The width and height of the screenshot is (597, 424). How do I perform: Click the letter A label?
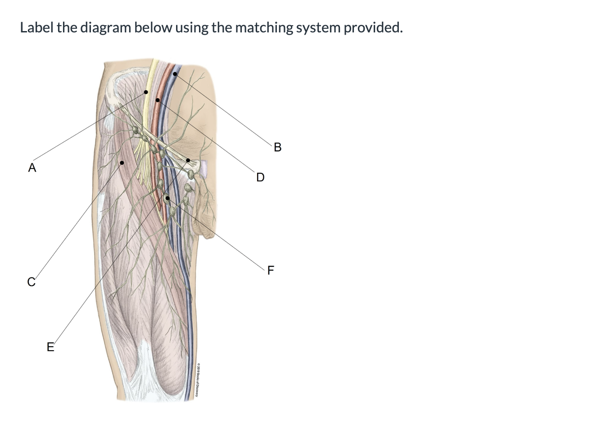[32, 168]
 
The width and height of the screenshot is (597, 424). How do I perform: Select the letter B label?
[277, 147]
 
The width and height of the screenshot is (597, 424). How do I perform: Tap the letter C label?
[31, 282]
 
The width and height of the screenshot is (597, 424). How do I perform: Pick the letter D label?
[260, 177]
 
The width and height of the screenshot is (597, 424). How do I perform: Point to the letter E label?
[50, 347]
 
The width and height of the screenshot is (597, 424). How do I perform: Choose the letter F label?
[270, 271]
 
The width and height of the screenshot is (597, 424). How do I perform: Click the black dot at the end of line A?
[146, 92]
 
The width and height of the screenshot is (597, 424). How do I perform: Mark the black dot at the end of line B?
[175, 74]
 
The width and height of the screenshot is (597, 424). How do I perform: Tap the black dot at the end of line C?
[122, 163]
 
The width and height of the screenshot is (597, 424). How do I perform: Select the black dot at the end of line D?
[157, 100]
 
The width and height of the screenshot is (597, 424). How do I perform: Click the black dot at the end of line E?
[188, 160]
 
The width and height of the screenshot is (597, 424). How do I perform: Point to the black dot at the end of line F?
[167, 198]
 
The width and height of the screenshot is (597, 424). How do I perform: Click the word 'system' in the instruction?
[319, 28]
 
